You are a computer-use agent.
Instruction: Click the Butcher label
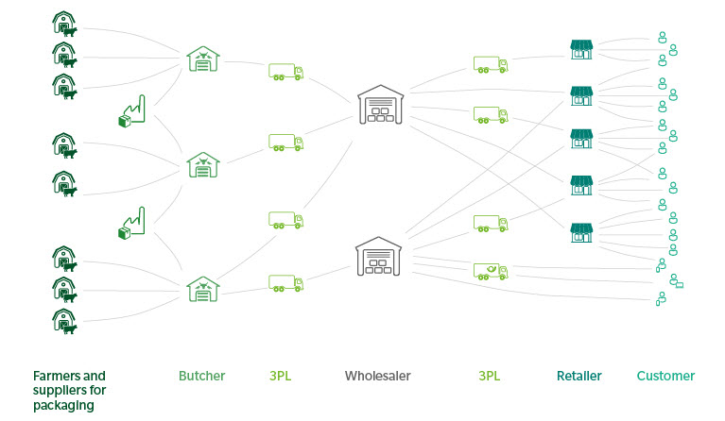pyautogui.click(x=201, y=376)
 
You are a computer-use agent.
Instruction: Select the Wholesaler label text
pyautogui.click(x=377, y=376)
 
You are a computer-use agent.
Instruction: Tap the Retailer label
pyautogui.click(x=578, y=376)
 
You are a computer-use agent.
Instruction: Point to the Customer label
pyautogui.click(x=665, y=376)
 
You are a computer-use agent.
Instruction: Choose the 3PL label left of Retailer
pyautogui.click(x=489, y=376)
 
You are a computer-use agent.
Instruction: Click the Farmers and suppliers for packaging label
pyautogui.click(x=68, y=391)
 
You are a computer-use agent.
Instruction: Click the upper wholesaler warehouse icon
pyautogui.click(x=381, y=105)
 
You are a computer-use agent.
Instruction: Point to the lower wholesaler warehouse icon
pyautogui.click(x=380, y=256)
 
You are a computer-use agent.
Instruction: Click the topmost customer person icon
pyautogui.click(x=662, y=41)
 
